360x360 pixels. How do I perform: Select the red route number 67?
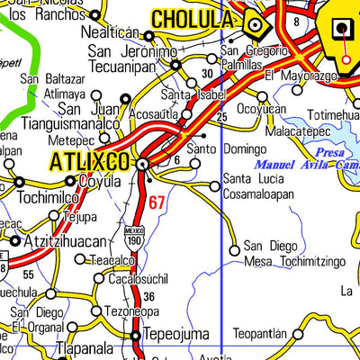157,202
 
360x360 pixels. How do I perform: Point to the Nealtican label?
111,31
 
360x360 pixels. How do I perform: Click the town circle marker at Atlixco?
142,164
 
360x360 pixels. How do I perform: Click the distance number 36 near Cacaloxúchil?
148,295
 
